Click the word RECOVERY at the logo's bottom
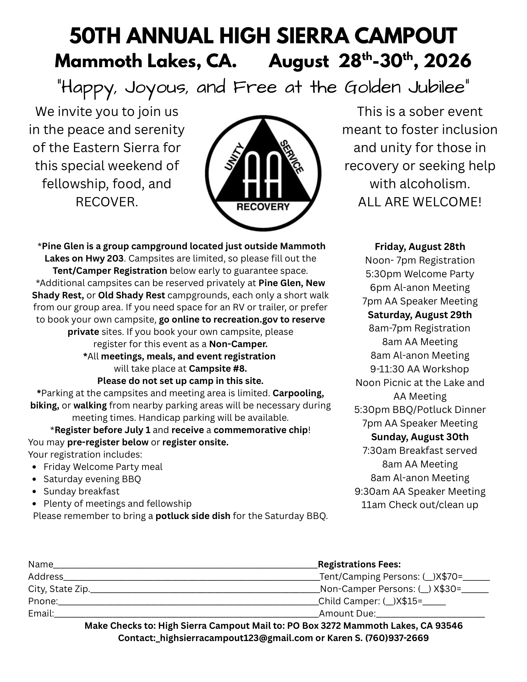[x=263, y=207]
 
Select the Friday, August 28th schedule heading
[x=420, y=247]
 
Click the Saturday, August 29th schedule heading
[x=420, y=314]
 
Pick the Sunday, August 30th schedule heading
[x=420, y=437]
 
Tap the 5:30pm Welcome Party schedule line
[x=420, y=274]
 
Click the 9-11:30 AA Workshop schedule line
[x=420, y=369]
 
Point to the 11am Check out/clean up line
[x=420, y=505]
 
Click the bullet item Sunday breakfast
[x=81, y=491]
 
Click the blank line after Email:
[x=186, y=614]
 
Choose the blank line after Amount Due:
[x=430, y=614]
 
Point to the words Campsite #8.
[x=218, y=369]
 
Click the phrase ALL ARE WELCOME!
[x=420, y=202]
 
